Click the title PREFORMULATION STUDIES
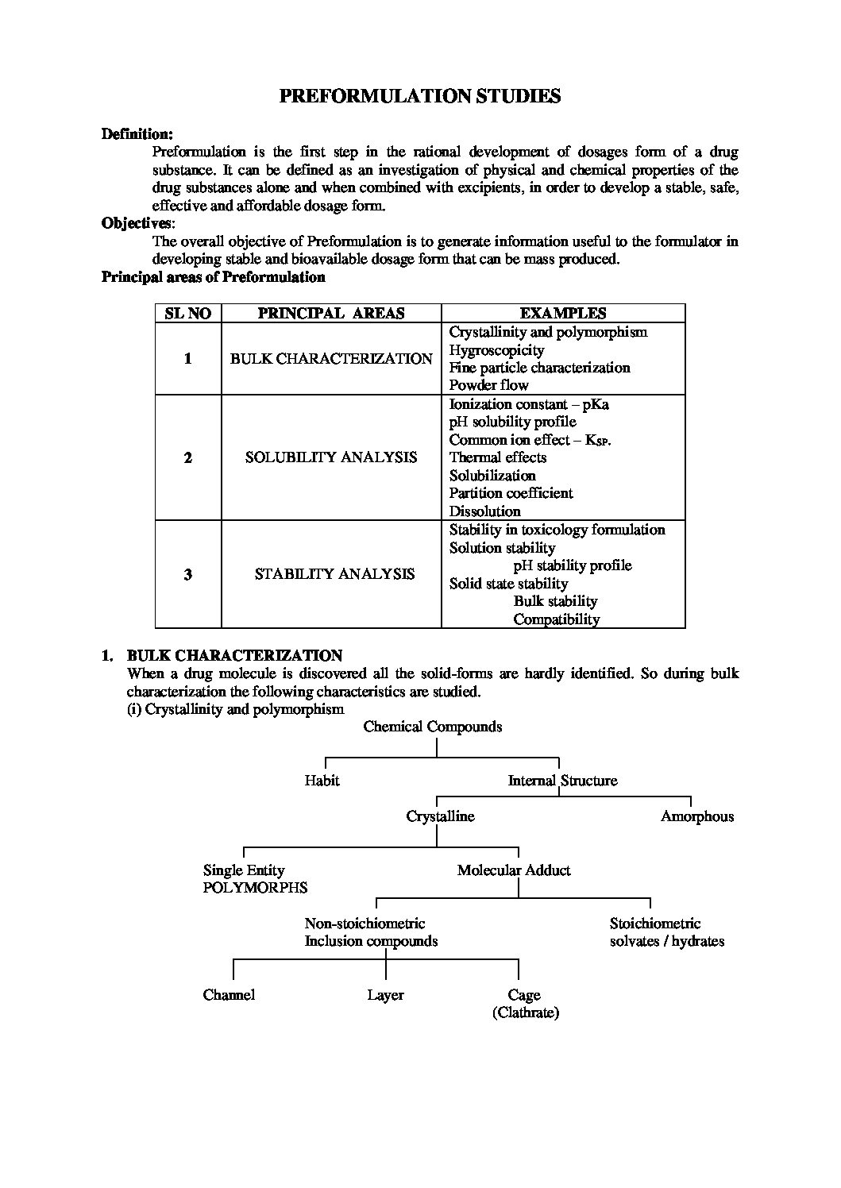(x=420, y=97)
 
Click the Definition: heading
(x=137, y=134)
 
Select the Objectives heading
(x=136, y=223)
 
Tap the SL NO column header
(x=188, y=313)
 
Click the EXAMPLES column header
(x=563, y=313)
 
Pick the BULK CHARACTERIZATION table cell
(x=331, y=359)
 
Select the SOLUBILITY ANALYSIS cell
(x=331, y=457)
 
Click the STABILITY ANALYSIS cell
(x=334, y=574)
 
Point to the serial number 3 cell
(x=188, y=574)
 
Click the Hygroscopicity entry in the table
(x=496, y=350)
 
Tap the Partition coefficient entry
(x=511, y=493)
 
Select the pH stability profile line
(x=573, y=565)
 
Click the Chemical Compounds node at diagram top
(x=433, y=727)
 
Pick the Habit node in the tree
(x=322, y=781)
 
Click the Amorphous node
(x=697, y=816)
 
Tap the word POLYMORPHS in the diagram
(x=255, y=888)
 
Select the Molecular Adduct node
(x=514, y=870)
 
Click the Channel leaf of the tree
(x=229, y=995)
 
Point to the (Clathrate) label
(x=526, y=1012)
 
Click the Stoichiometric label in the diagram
(x=655, y=924)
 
